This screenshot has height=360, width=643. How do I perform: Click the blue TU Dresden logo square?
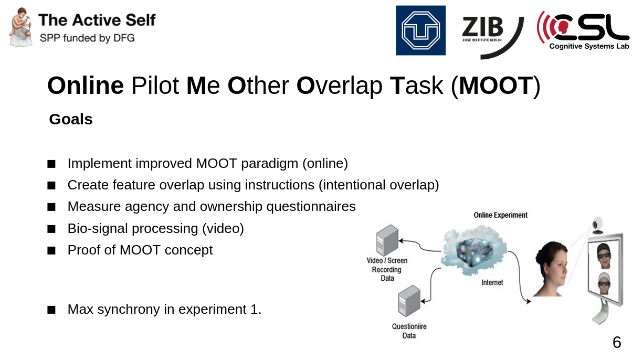coord(420,30)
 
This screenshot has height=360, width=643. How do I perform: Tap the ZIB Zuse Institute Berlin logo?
coord(492,37)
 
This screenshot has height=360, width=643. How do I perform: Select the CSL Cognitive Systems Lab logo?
coord(583,30)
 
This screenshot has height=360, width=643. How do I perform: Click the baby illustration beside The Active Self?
coord(20,27)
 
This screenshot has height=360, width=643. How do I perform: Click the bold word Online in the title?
coord(86,86)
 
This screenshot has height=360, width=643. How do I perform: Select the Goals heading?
coord(71,119)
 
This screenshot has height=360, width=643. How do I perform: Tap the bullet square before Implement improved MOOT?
coord(51,164)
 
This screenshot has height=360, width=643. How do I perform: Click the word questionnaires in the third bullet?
coord(311,207)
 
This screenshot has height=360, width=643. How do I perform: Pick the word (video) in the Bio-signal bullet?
coord(223,228)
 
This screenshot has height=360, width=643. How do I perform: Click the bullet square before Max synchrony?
coord(51,310)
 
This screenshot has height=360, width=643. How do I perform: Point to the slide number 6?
coord(617,342)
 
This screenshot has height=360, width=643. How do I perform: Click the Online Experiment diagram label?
coord(500,215)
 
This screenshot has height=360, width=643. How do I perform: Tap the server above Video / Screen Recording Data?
coord(387,240)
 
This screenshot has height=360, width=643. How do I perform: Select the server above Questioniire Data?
coord(409,301)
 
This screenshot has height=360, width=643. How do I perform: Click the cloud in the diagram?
coord(473,250)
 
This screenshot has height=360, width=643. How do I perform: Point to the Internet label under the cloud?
coord(492,282)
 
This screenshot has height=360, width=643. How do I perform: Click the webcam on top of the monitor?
coord(598,225)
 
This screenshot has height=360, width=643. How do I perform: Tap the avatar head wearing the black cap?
coord(604,256)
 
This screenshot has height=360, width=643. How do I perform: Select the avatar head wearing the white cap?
coord(604,283)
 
